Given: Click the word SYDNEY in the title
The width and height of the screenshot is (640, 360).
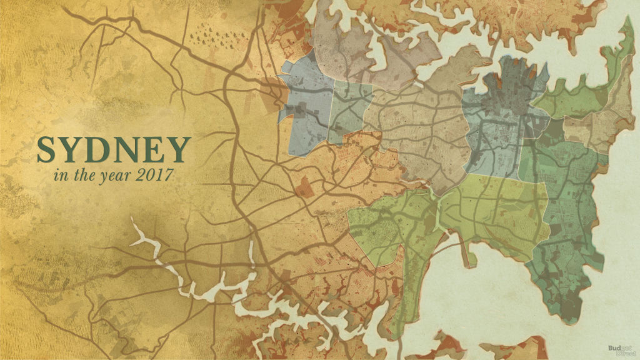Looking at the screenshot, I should coord(112,149).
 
